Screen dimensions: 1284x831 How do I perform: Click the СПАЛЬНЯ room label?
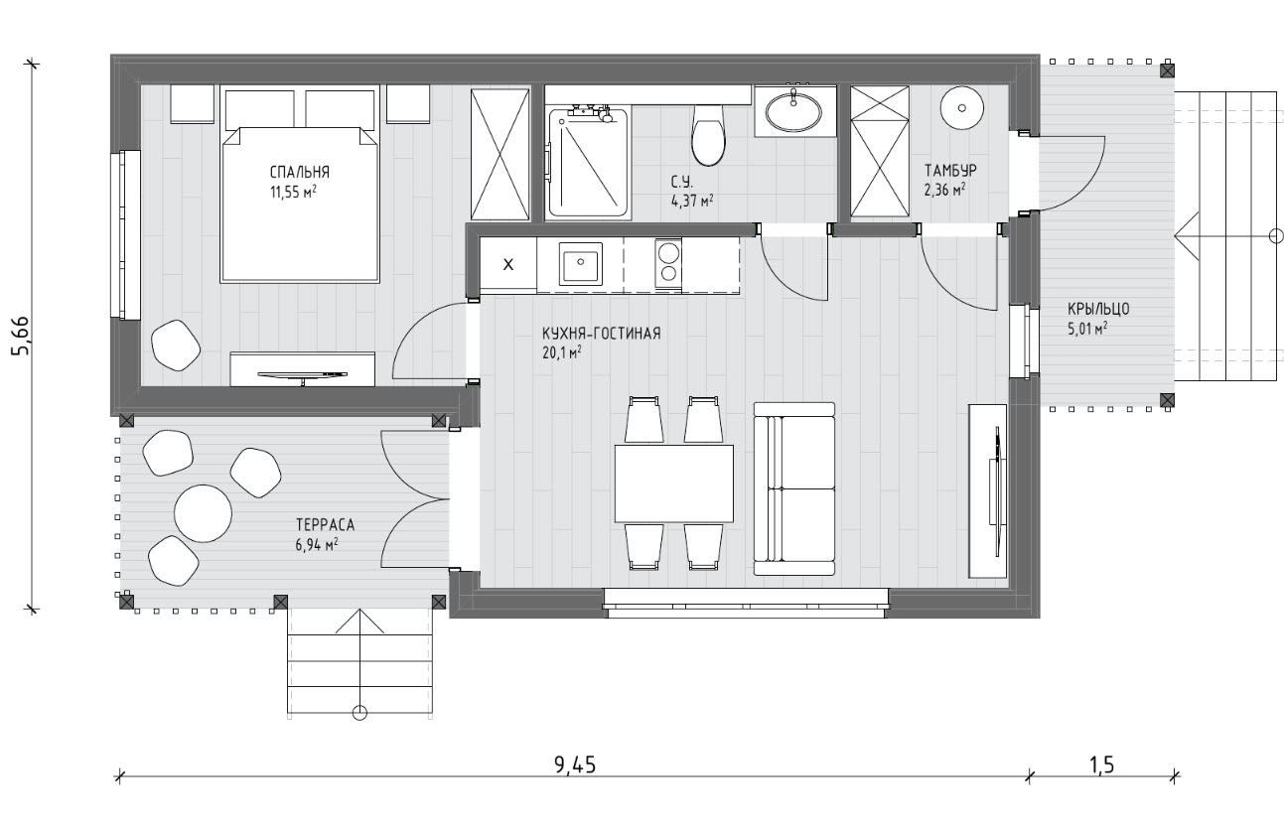click(299, 172)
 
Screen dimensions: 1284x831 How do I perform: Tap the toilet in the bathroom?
click(708, 135)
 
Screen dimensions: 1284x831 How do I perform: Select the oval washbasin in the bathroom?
click(793, 112)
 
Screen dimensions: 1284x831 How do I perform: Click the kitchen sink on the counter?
click(581, 264)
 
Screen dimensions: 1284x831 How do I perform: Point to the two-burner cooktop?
click(668, 264)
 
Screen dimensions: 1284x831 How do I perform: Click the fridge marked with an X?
click(507, 265)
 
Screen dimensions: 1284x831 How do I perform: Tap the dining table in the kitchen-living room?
click(674, 484)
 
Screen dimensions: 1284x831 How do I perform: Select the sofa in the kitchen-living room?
click(793, 488)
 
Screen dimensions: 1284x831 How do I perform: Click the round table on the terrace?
click(203, 513)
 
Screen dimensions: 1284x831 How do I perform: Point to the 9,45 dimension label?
click(575, 764)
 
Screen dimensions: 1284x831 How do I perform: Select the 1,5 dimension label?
click(1100, 764)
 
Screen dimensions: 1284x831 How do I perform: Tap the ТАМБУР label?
click(950, 170)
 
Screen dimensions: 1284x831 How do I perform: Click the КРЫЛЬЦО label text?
click(1098, 310)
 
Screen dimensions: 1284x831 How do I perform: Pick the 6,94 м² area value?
click(317, 544)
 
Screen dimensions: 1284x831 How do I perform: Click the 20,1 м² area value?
click(562, 352)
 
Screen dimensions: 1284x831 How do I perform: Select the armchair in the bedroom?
click(176, 345)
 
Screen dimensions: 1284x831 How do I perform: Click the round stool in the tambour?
click(962, 108)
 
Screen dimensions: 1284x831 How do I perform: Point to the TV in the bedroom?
click(303, 375)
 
